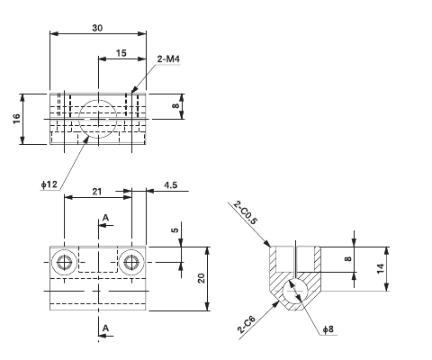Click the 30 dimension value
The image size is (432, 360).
pyautogui.click(x=96, y=28)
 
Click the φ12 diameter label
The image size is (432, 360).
pyautogui.click(x=49, y=184)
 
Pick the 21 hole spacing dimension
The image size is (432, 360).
pyautogui.click(x=95, y=192)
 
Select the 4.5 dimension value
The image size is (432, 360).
pyautogui.click(x=169, y=186)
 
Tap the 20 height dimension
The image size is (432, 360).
pyautogui.click(x=202, y=277)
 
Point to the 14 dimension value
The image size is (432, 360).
pyautogui.click(x=381, y=268)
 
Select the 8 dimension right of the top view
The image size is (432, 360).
pyautogui.click(x=176, y=106)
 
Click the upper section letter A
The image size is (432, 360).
pyautogui.click(x=105, y=218)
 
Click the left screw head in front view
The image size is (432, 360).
pyautogui.click(x=64, y=262)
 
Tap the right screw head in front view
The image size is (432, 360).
pyautogui.click(x=132, y=262)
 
